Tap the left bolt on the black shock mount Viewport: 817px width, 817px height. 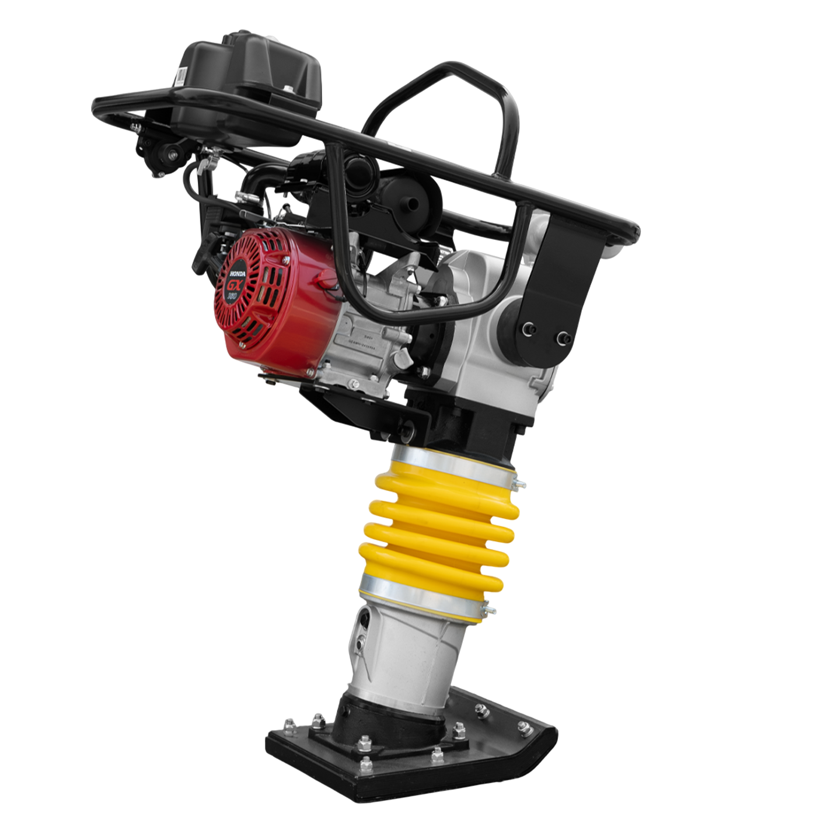[528, 329]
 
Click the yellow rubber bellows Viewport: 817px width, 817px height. [438, 525]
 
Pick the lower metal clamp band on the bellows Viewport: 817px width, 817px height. [420, 601]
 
